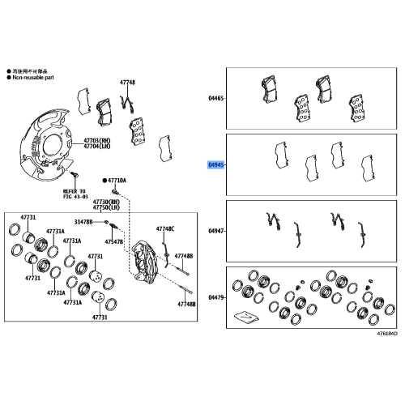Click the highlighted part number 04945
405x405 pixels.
click(x=215, y=164)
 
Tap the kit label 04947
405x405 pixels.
click(x=215, y=231)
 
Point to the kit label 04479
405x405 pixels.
click(x=215, y=298)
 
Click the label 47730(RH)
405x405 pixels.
click(x=106, y=201)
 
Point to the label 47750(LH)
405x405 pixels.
click(x=106, y=208)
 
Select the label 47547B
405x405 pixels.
click(x=113, y=241)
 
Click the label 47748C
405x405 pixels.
click(x=165, y=228)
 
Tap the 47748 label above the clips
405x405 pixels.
click(x=127, y=83)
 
